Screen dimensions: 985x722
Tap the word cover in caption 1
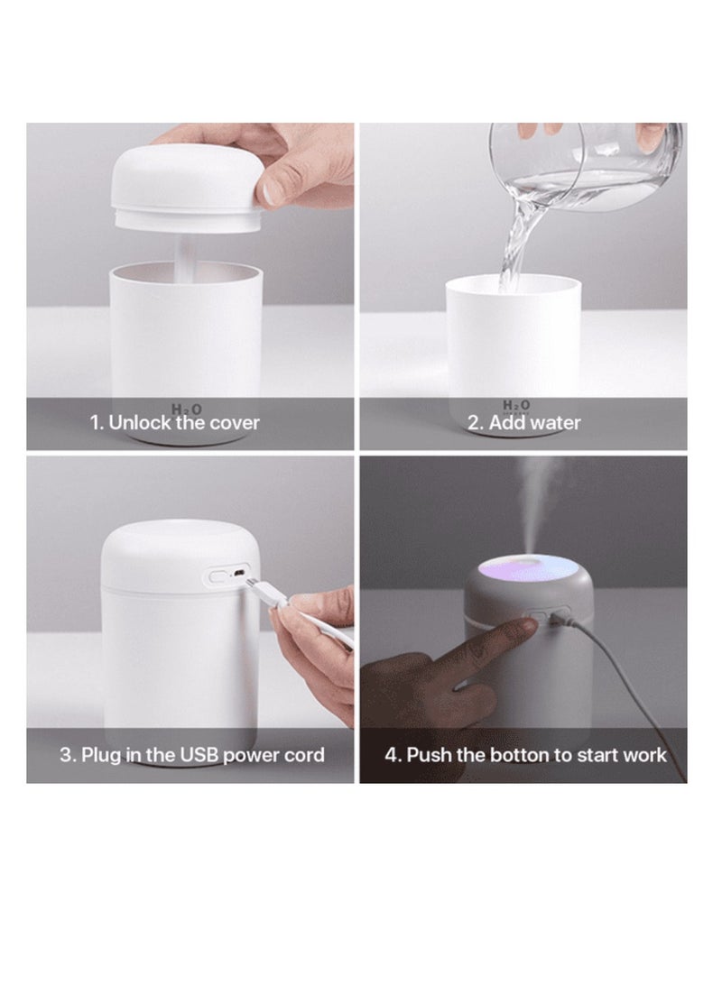click(233, 422)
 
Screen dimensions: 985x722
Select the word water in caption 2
click(555, 422)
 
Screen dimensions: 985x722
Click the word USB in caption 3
click(198, 754)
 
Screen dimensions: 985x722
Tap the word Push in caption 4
click(427, 754)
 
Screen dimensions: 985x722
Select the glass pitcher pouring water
click(587, 162)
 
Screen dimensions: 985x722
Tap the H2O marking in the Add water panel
click(515, 406)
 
